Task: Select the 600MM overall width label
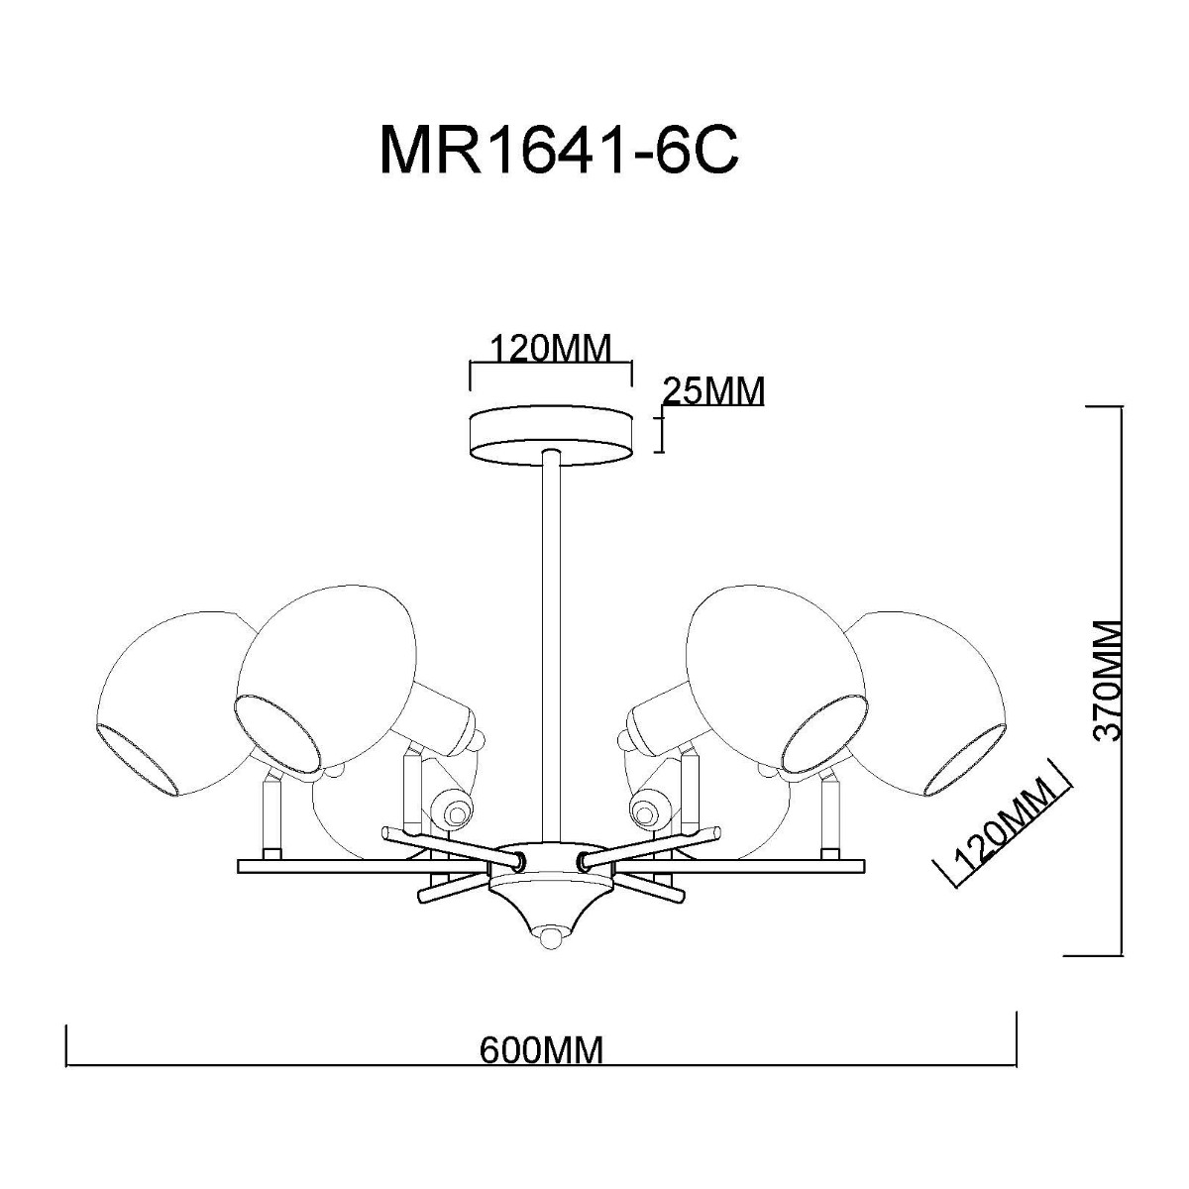(x=541, y=1048)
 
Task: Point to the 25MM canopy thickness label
(x=714, y=392)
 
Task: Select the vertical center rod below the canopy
(x=550, y=644)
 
